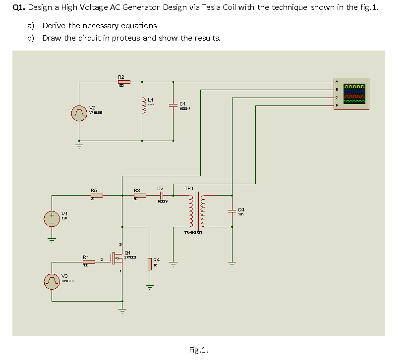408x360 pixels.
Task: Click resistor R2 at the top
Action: coord(123,82)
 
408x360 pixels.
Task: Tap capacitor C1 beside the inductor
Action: coord(173,104)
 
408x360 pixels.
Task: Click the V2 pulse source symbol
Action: coord(78,113)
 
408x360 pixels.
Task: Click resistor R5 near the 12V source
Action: coord(96,196)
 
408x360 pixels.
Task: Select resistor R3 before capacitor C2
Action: coord(140,196)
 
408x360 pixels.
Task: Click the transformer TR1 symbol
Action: coord(198,210)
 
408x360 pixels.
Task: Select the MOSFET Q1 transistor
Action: coord(117,257)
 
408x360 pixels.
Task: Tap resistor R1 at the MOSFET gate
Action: coord(88,262)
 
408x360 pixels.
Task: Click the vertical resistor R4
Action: coord(149,264)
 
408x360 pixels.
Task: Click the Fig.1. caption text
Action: coord(198,350)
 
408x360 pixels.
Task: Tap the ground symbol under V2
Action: coord(78,146)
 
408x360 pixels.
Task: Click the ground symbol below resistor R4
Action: coord(149,286)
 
